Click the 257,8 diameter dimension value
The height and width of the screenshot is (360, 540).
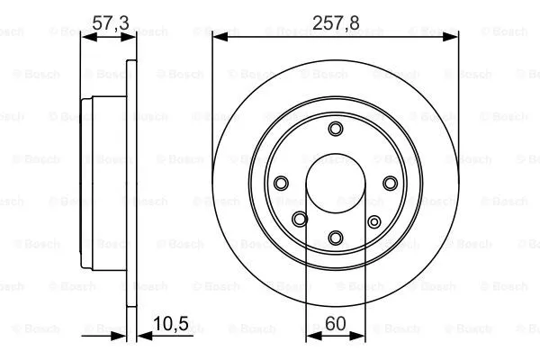pos(335,24)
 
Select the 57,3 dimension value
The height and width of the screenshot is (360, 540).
pos(108,24)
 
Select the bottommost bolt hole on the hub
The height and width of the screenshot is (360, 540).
pos(335,238)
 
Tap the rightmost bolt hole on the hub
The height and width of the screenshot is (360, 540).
pos(390,183)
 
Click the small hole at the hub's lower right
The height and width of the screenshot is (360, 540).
pos(374,220)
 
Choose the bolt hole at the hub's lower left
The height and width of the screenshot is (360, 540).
pos(300,218)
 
